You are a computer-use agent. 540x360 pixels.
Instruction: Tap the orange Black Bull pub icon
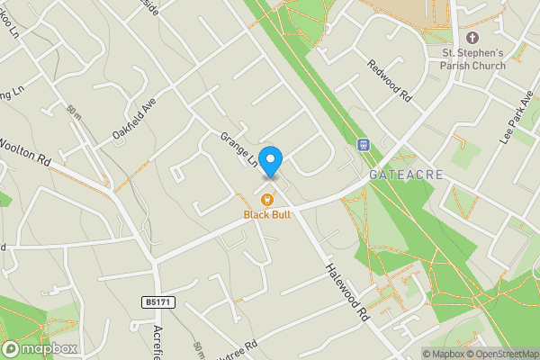pos(267,200)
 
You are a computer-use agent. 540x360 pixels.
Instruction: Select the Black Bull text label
pos(267,215)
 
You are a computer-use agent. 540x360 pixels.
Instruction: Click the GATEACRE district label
pos(406,174)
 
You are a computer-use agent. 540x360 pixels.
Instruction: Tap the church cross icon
pos(472,38)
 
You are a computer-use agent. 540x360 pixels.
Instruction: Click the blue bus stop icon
pos(364,144)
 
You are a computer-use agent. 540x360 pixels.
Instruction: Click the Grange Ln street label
pos(240,149)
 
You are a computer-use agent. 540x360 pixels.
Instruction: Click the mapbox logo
pos(40,348)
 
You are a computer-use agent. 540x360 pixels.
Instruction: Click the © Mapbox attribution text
pos(444,353)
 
